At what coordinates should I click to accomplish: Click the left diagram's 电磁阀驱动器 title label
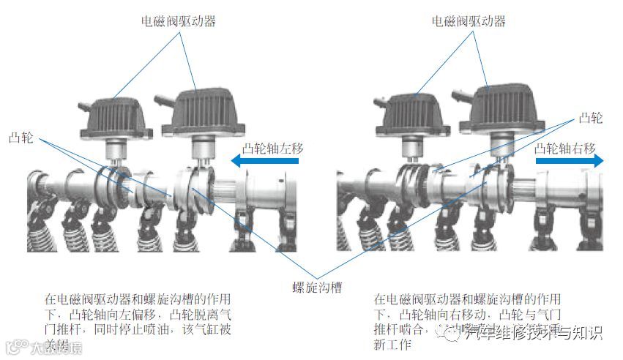tap(182, 22)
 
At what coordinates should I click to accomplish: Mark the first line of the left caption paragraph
tap(138, 300)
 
